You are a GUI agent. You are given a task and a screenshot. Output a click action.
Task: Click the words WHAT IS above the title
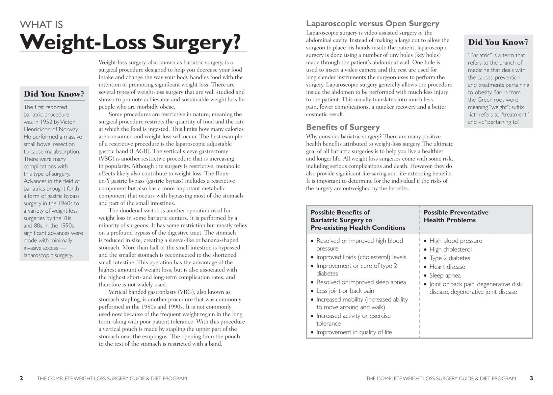click(41, 25)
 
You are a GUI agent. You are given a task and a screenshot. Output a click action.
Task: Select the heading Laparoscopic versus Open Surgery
click(372, 24)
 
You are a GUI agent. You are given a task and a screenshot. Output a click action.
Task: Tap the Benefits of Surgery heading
click(343, 127)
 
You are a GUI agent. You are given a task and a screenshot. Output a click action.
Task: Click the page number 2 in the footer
click(21, 378)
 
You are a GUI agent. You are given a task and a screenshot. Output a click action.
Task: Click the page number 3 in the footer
click(531, 378)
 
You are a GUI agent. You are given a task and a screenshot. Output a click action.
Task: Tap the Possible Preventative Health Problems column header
click(456, 216)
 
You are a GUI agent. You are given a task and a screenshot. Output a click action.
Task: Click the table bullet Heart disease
click(447, 267)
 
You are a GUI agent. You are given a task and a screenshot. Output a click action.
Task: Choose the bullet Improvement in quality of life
click(354, 332)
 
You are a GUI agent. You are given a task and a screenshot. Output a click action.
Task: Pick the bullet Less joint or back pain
click(345, 291)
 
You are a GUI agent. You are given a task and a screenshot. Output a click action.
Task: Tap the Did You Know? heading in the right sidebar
click(498, 42)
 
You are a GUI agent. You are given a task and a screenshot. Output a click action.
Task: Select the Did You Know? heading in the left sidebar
click(54, 94)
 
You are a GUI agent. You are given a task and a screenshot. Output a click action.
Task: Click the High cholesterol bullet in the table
click(450, 250)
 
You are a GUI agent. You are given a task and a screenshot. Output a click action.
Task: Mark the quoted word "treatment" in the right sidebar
click(514, 115)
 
